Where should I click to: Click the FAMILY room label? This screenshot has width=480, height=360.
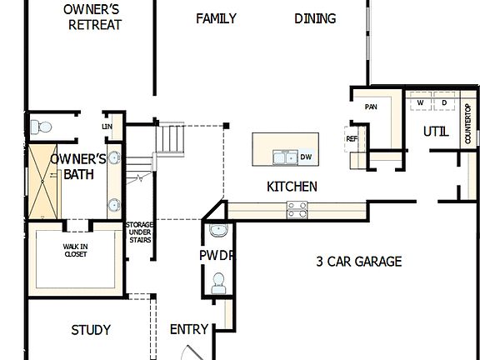pyautogui.click(x=216, y=18)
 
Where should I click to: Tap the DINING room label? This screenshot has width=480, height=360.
pyautogui.click(x=315, y=18)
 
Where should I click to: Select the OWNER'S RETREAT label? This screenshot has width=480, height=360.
pyautogui.click(x=95, y=17)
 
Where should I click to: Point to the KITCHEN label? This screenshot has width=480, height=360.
pyautogui.click(x=292, y=187)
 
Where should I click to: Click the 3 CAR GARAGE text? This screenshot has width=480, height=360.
pyautogui.click(x=358, y=262)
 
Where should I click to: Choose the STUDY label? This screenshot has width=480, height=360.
pyautogui.click(x=91, y=330)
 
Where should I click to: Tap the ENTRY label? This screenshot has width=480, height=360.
pyautogui.click(x=188, y=330)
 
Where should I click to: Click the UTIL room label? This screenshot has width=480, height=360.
pyautogui.click(x=435, y=132)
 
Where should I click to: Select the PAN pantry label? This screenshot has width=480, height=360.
pyautogui.click(x=372, y=107)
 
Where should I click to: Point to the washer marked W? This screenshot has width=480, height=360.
pyautogui.click(x=420, y=102)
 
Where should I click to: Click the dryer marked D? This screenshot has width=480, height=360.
pyautogui.click(x=443, y=102)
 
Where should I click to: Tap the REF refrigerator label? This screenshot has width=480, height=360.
pyautogui.click(x=352, y=139)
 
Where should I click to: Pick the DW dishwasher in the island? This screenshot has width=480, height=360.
pyautogui.click(x=306, y=157)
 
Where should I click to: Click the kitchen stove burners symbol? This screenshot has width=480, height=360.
pyautogui.click(x=297, y=210)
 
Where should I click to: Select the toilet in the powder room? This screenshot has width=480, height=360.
pyautogui.click(x=219, y=283)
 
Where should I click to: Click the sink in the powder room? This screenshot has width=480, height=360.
pyautogui.click(x=218, y=231)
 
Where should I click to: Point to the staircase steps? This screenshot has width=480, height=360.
pyautogui.click(x=171, y=137)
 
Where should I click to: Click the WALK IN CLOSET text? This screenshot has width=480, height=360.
pyautogui.click(x=75, y=250)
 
